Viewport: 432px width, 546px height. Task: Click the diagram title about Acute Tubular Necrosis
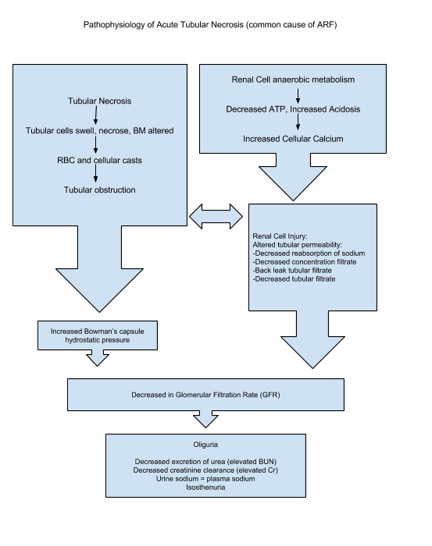(x=210, y=25)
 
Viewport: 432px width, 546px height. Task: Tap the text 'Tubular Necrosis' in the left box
(x=99, y=101)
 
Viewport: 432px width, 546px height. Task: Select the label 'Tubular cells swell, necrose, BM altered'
(x=99, y=130)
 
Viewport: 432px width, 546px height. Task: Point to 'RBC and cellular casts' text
(x=99, y=160)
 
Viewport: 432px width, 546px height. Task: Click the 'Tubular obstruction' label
(x=99, y=190)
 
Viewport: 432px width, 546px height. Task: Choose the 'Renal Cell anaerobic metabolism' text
(x=293, y=80)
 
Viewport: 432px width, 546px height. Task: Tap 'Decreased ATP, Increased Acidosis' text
(x=293, y=109)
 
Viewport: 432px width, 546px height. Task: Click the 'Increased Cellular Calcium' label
(x=293, y=139)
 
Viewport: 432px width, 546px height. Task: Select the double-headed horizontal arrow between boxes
(x=216, y=217)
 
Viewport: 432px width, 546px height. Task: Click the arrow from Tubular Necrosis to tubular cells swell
(x=96, y=115)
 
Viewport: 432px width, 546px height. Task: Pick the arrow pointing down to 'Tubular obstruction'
(x=95, y=173)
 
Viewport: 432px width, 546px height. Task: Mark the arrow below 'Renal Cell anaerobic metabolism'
(x=298, y=96)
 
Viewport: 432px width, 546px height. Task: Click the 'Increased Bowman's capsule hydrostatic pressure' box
(x=98, y=335)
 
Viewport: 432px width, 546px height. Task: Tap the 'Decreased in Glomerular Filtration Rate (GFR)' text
(x=205, y=395)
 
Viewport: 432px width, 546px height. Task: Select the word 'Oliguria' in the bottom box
(x=205, y=445)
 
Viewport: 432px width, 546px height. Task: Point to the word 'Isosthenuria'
(x=205, y=487)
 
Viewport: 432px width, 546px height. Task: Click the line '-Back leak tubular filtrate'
(x=292, y=271)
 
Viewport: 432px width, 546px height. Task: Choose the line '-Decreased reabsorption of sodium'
(x=309, y=253)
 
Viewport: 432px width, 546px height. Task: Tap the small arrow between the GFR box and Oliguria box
(x=205, y=420)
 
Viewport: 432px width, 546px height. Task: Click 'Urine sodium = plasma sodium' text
(x=205, y=479)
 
